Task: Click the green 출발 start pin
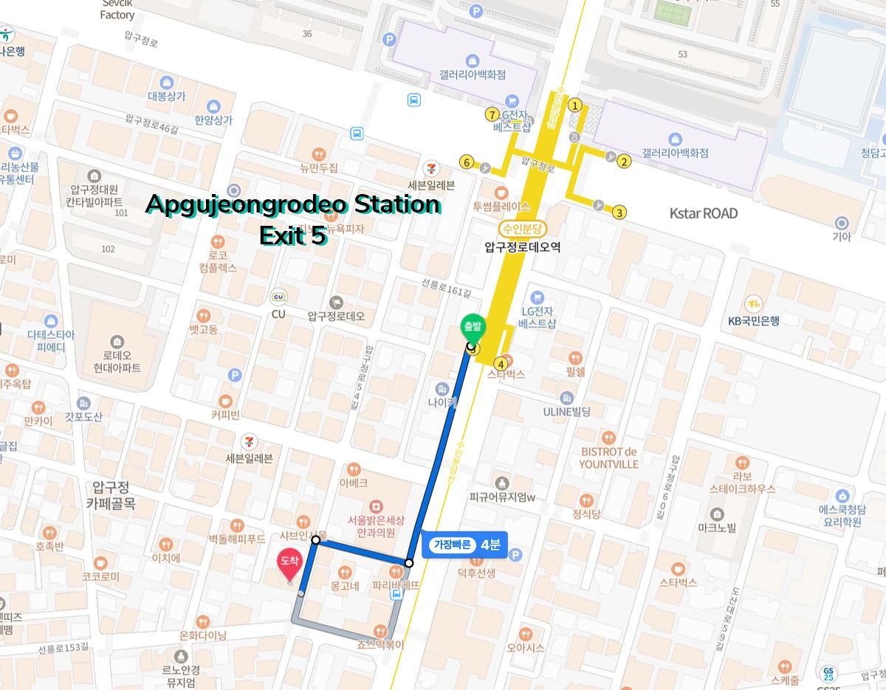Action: (470, 327)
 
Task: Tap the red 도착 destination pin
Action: (289, 564)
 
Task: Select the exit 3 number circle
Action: (619, 213)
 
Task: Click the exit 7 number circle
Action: (492, 114)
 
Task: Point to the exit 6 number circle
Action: (466, 162)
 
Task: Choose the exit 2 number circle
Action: (624, 162)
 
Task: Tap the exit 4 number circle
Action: (501, 363)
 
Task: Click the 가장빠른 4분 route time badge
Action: (465, 545)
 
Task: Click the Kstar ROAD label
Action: (703, 213)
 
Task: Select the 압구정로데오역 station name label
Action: (522, 247)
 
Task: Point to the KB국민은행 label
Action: (754, 320)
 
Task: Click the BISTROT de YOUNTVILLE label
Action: (608, 458)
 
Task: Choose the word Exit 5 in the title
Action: (292, 235)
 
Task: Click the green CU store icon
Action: (279, 297)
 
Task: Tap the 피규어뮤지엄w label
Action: (502, 497)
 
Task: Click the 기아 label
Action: (842, 237)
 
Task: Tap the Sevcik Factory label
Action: (117, 10)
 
